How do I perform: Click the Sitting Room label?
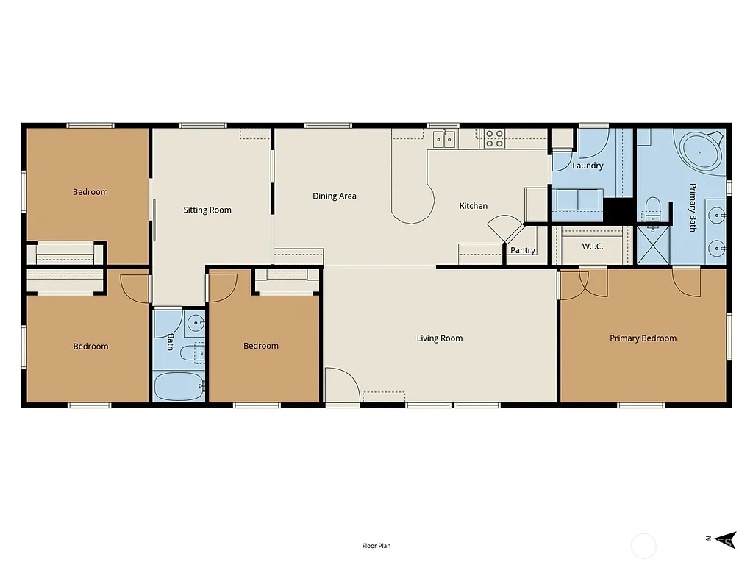point(207,210)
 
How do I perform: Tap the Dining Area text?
point(335,196)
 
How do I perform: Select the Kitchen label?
point(474,206)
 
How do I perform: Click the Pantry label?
point(523,251)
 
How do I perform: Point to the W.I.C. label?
point(593,246)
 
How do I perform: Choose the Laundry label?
point(588,166)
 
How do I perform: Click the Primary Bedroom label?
point(643,338)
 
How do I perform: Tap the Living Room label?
point(439,338)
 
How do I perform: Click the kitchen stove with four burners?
point(494,138)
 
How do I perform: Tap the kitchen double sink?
point(444,139)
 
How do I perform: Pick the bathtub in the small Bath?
point(179,385)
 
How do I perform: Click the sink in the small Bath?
point(195,322)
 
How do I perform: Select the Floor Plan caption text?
point(376,546)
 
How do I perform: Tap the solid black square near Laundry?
point(618,209)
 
